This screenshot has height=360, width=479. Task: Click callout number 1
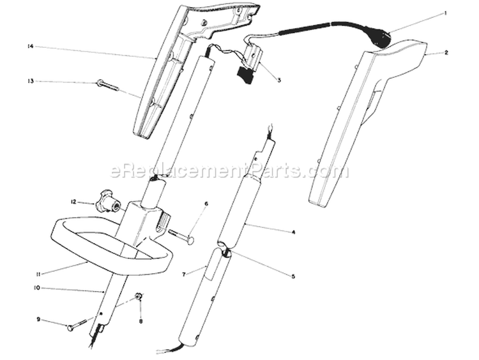point(445,13)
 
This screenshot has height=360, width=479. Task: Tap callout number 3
point(279,80)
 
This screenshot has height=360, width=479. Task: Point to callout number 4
point(293,232)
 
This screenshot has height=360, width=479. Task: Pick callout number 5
point(293,276)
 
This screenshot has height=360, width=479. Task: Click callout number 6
point(206,204)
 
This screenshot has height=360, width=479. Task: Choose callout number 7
point(184,274)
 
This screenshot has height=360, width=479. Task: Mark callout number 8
point(141,321)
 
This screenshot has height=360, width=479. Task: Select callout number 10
point(37,288)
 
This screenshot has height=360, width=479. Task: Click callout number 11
point(38,274)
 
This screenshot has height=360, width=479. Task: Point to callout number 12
point(73,202)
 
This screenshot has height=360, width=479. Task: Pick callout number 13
point(30,81)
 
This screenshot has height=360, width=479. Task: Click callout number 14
point(30,47)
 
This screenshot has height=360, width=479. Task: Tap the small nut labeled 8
point(138,296)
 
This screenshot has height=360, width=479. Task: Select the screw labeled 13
point(107,85)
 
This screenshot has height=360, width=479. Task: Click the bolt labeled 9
point(78,325)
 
